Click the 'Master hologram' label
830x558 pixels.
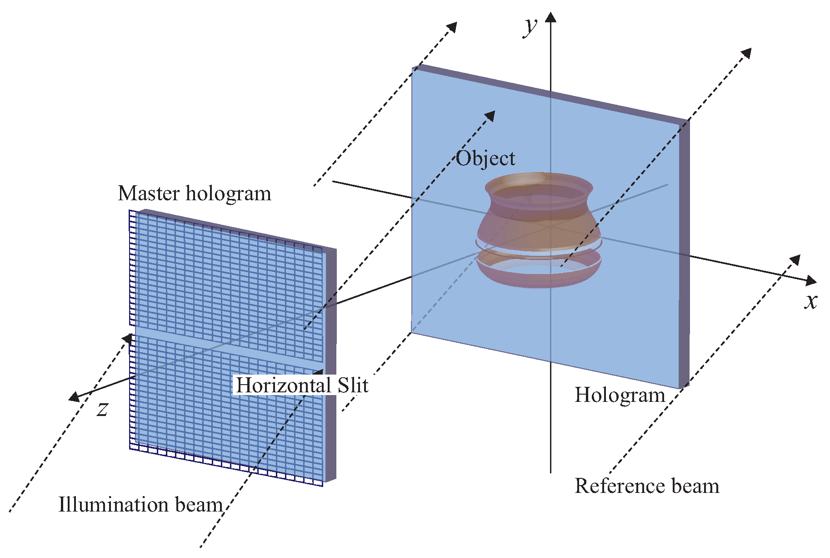[x=195, y=193]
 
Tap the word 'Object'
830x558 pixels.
[x=485, y=159]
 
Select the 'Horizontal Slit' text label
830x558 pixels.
[x=302, y=386]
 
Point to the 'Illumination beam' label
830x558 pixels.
[x=140, y=505]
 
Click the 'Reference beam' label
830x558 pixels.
[x=647, y=486]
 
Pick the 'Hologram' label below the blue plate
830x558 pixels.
[x=620, y=395]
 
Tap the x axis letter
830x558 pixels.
[x=810, y=301]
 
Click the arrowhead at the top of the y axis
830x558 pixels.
[x=551, y=17]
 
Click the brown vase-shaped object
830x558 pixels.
[x=539, y=223]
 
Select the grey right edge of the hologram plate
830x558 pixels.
[x=684, y=255]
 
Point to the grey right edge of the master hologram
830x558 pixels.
[x=330, y=364]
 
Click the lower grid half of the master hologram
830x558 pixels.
[x=227, y=410]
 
